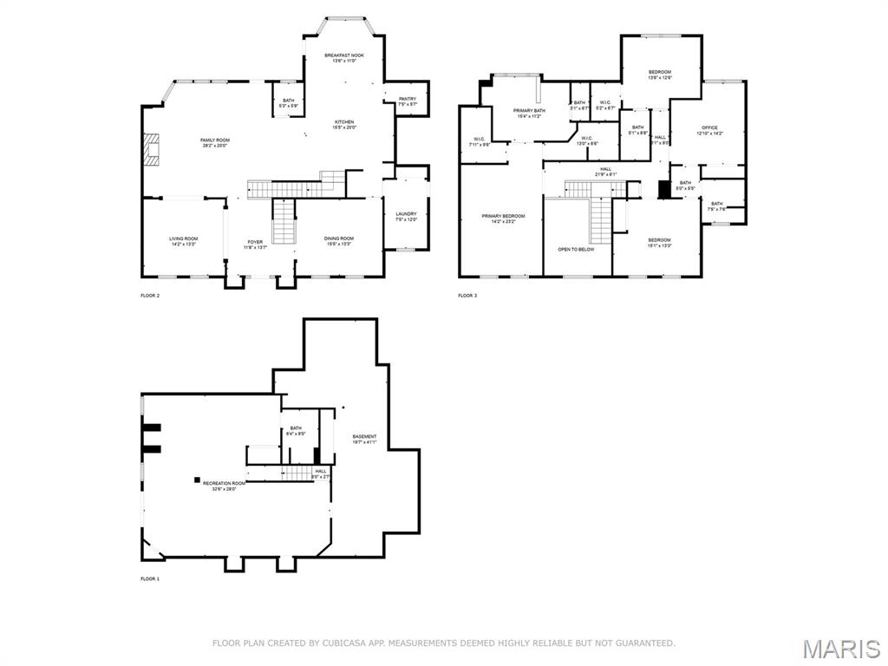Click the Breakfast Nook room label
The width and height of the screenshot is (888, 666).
[344, 55]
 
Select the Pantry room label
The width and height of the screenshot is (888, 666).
[408, 99]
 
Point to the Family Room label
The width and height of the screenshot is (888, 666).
[215, 140]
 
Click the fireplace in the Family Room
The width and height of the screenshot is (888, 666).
[152, 148]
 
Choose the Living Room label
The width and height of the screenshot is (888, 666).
[183, 238]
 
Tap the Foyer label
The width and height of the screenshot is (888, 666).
[255, 242]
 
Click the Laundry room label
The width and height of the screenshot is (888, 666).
[406, 214]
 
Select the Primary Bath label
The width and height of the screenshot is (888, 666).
[529, 111]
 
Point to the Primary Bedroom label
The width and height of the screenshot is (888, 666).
[503, 216]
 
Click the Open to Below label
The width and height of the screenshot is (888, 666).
[576, 249]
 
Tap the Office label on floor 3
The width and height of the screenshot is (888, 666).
[708, 128]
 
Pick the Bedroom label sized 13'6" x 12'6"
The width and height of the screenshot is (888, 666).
[660, 72]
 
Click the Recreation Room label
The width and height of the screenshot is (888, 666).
[224, 483]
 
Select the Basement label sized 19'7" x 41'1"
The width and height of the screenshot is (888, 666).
[364, 436]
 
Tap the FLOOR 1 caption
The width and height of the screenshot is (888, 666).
[150, 578]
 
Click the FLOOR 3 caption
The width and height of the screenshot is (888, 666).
[467, 296]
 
